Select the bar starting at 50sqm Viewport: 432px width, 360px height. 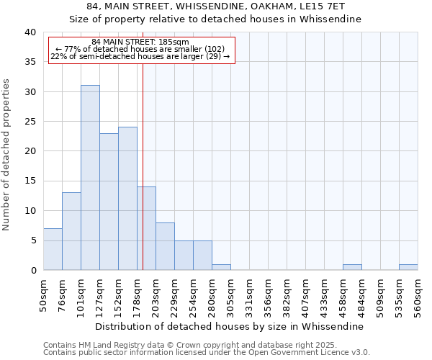[53, 249]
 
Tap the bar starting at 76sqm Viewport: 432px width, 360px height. [71, 231]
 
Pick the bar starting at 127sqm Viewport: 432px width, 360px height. [109, 202]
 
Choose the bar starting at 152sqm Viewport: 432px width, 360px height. [127, 199]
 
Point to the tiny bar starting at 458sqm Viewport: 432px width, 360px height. [352, 267]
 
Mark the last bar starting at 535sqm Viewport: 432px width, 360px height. [408, 267]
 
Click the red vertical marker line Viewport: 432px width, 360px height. [143, 144]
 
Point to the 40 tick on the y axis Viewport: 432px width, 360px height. [30, 32]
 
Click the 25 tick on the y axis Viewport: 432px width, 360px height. [30, 122]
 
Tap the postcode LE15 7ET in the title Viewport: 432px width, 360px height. [333, 6]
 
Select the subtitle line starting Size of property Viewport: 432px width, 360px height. [215, 19]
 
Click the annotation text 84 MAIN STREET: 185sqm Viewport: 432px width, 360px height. [140, 42]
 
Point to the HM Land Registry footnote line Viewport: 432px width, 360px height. [189, 345]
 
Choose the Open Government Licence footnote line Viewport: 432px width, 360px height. [207, 353]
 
